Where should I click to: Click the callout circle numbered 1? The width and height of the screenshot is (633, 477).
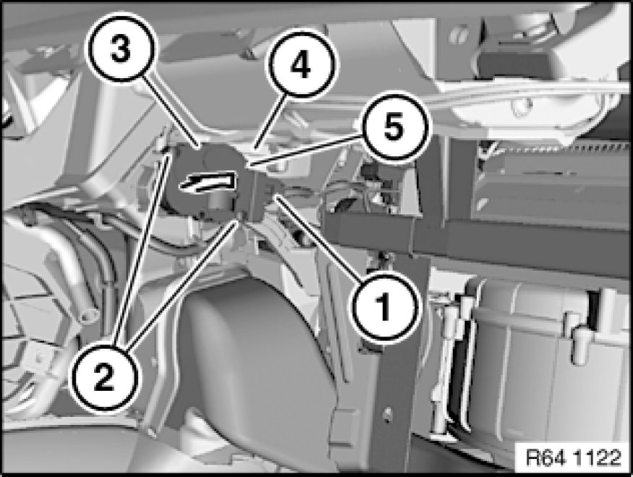[384, 307]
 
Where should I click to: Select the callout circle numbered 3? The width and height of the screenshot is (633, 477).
[121, 50]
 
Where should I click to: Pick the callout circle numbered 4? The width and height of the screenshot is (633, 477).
[300, 64]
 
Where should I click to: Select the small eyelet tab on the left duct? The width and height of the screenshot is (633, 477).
[88, 316]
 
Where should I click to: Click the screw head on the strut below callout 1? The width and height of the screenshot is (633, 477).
[387, 412]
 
